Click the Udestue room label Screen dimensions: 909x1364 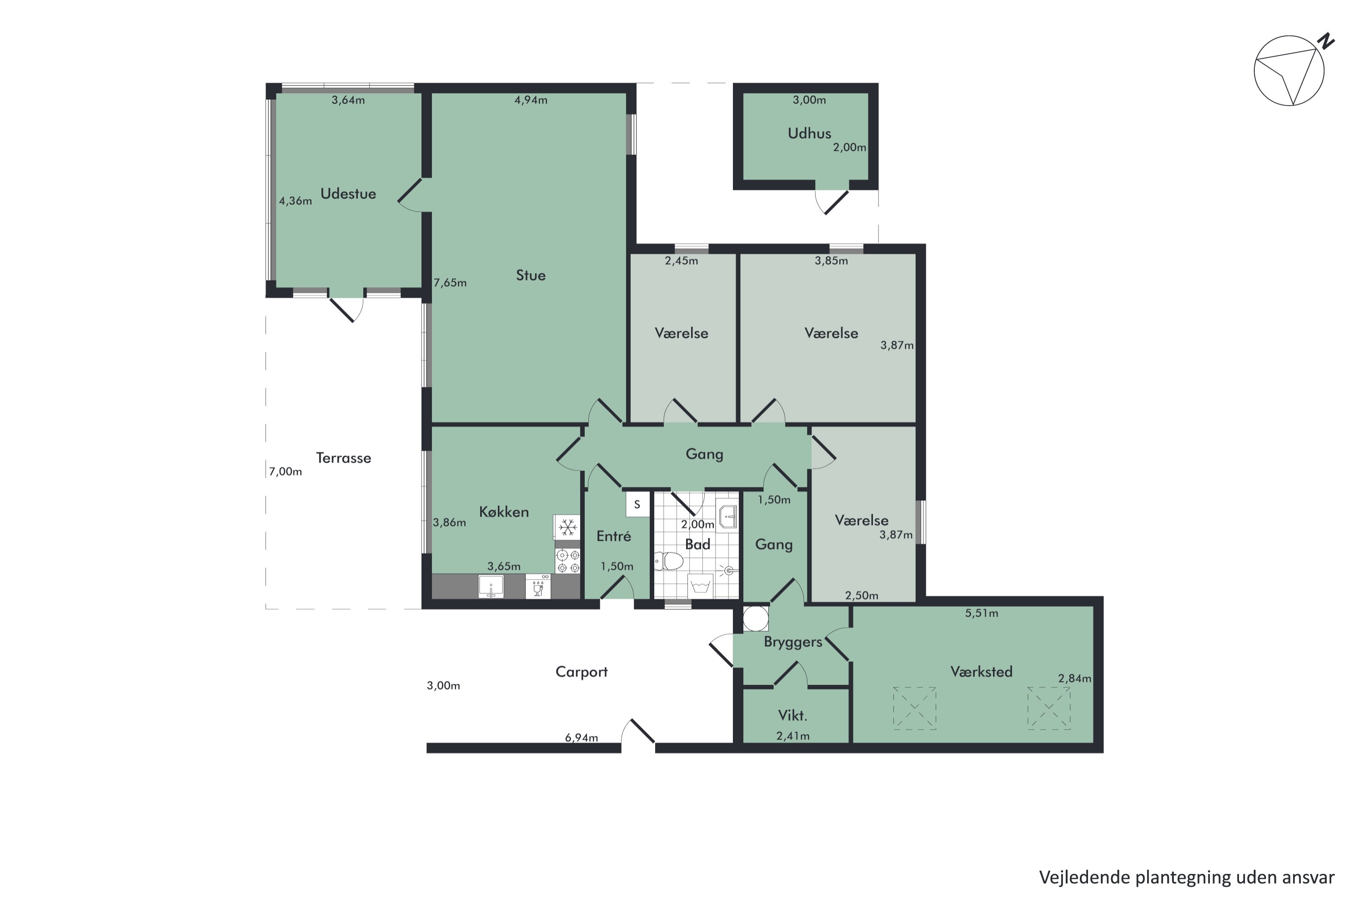pyautogui.click(x=348, y=194)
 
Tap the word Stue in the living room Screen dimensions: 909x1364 pyautogui.click(x=531, y=275)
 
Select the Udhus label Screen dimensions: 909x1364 pyautogui.click(x=809, y=133)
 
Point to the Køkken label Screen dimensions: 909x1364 pyautogui.click(x=503, y=512)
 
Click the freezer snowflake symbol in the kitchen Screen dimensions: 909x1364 pyautogui.click(x=567, y=528)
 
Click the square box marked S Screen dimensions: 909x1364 pyautogui.click(x=637, y=504)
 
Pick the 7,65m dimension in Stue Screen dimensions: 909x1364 pyautogui.click(x=450, y=283)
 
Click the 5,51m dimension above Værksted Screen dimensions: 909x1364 pyautogui.click(x=981, y=613)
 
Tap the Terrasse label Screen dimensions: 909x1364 pyautogui.click(x=343, y=458)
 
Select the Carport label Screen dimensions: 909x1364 pyautogui.click(x=581, y=672)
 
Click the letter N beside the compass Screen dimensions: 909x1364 pyautogui.click(x=1326, y=42)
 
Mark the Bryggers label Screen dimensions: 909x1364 pyautogui.click(x=793, y=642)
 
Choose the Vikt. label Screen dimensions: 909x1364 pyautogui.click(x=792, y=715)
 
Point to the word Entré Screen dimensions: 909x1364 pyautogui.click(x=613, y=536)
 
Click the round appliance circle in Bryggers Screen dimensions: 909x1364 pyautogui.click(x=756, y=619)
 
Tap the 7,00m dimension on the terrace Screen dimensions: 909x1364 pyautogui.click(x=286, y=472)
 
